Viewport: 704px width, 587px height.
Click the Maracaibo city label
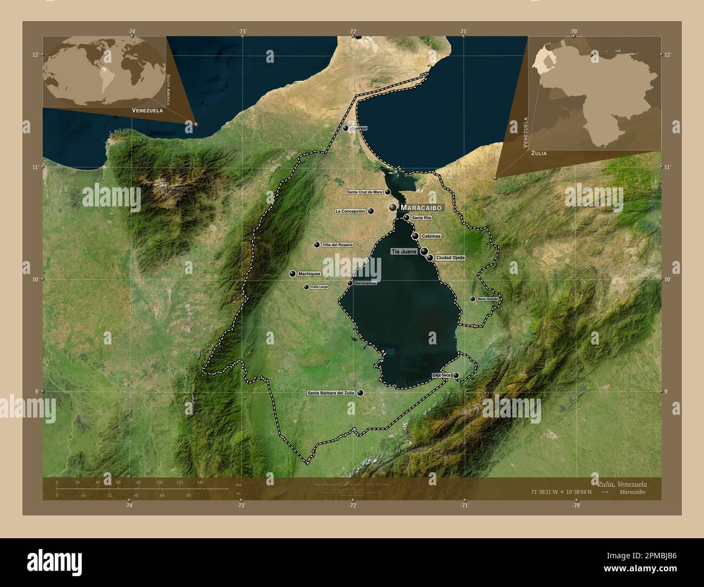tap(421, 207)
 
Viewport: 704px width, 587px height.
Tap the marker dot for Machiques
tap(292, 274)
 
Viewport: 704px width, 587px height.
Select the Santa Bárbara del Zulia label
tap(331, 393)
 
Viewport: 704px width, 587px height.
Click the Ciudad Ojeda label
tap(450, 258)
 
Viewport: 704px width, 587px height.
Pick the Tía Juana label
tap(403, 252)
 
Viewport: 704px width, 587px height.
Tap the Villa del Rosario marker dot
tap(316, 245)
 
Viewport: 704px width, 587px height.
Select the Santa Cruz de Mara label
tap(364, 192)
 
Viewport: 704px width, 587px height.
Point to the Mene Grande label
tap(487, 299)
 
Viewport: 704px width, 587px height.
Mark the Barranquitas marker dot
tap(350, 283)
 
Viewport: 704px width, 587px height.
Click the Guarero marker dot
tap(346, 128)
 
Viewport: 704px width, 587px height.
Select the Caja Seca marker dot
tap(456, 375)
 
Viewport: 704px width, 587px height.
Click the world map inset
tap(103, 71)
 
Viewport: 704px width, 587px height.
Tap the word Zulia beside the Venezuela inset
tap(539, 153)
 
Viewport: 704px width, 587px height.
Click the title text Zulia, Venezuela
tap(622, 484)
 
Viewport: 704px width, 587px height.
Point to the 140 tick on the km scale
tap(200, 482)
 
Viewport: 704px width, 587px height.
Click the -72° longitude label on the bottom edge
tap(353, 505)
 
